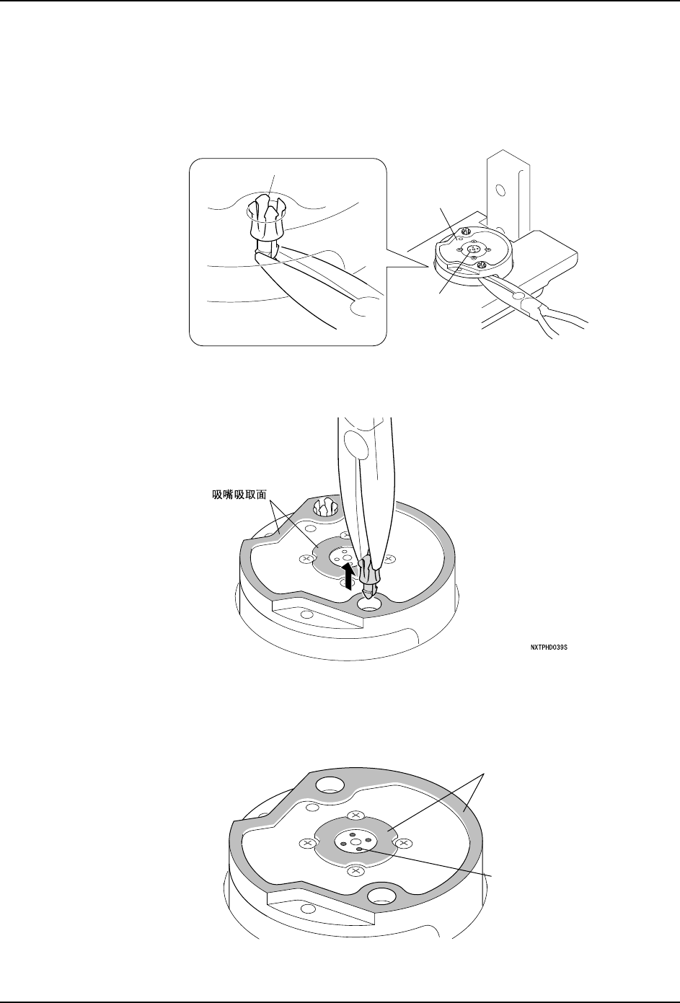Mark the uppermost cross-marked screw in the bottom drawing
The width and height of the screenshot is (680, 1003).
tap(354, 815)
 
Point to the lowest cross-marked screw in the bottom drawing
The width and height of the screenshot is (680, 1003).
tap(354, 871)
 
